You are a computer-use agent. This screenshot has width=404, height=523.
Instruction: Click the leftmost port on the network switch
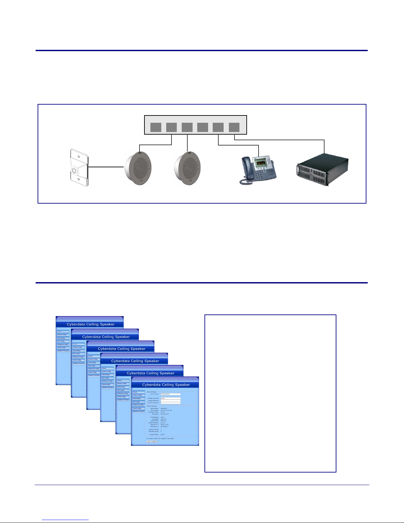coord(156,127)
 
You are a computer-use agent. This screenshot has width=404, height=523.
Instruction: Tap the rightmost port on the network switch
coord(234,127)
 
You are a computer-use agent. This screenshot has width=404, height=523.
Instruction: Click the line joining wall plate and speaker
coord(106,167)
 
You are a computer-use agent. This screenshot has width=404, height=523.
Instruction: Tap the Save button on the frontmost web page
coord(149,441)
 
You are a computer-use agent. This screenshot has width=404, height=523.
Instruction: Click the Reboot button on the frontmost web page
coord(154,441)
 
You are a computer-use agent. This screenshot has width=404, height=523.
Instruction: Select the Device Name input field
coord(171,394)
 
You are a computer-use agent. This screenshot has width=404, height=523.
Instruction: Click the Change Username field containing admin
coord(171,398)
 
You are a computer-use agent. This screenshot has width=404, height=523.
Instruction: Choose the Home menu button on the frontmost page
coord(139,392)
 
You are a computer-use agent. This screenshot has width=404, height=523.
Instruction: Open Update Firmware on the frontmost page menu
coord(139,411)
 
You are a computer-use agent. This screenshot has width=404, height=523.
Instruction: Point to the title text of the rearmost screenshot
coord(90,324)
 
